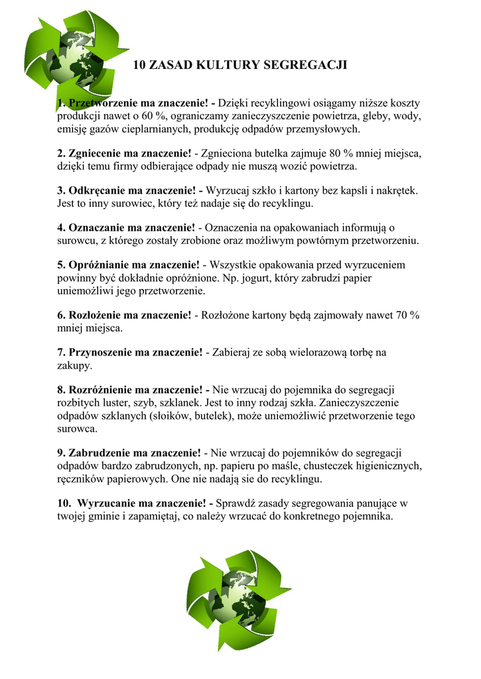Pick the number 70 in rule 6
click(x=403, y=315)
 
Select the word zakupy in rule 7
click(x=74, y=365)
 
